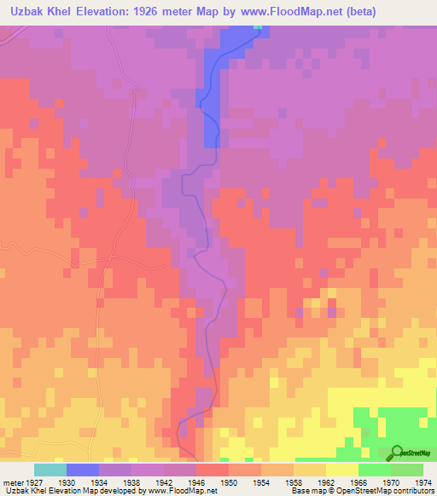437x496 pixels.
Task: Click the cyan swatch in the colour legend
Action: pyautogui.click(x=50, y=470)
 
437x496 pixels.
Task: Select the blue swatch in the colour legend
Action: pyautogui.click(x=83, y=470)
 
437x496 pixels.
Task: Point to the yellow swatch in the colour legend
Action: pyautogui.click(x=341, y=470)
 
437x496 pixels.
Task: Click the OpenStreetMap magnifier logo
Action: pyautogui.click(x=397, y=453)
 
